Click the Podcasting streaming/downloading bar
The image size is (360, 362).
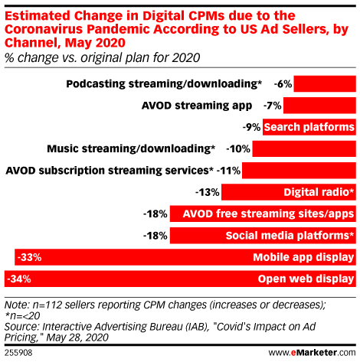click(325, 83)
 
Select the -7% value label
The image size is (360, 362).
click(273, 106)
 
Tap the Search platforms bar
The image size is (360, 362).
click(309, 127)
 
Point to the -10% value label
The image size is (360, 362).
click(238, 148)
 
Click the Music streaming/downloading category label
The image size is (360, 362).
click(131, 148)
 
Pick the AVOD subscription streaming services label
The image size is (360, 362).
click(110, 171)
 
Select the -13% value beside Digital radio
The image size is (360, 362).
click(208, 192)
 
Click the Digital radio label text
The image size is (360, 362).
click(319, 192)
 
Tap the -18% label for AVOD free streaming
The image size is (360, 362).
click(155, 214)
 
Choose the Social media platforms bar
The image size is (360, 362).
click(263, 236)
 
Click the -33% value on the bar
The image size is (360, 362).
click(29, 257)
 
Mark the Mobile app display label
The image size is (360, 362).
click(303, 257)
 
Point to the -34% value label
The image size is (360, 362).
click(19, 279)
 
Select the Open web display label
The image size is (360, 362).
click(306, 279)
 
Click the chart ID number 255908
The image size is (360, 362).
click(18, 353)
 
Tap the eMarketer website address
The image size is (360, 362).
click(312, 353)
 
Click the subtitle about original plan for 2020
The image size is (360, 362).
click(102, 57)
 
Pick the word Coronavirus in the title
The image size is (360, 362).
click(44, 29)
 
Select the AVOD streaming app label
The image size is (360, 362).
click(197, 106)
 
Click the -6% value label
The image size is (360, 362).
click(283, 83)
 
